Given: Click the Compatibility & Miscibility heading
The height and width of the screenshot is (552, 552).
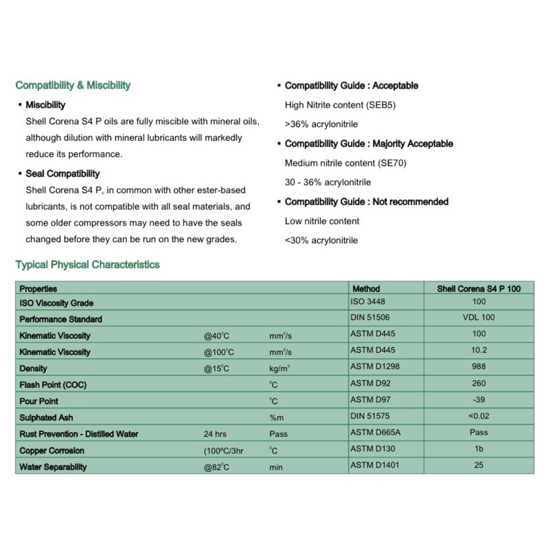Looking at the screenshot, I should coord(72,86).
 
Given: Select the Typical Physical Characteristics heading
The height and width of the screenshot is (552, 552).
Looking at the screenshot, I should coord(87,264).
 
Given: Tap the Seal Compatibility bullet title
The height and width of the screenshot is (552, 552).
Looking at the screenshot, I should coord(63,173).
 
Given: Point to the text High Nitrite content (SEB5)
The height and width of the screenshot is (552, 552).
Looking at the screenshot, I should coord(340,106).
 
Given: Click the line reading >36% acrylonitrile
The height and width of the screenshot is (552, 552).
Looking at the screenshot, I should coord(321,125).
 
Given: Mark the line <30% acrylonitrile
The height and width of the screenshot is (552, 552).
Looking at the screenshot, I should coord(321,241).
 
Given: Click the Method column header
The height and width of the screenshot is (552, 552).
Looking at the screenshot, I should coord(366,288).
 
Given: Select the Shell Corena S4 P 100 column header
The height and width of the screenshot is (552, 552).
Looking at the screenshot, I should coord(479,288).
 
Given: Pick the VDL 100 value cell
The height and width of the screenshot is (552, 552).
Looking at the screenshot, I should coord(479,318).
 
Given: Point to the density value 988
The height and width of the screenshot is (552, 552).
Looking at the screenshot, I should coord(479,367).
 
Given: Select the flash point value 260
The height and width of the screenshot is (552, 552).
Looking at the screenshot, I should coord(479,384).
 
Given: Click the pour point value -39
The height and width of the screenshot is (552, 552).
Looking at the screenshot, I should coord(479,400).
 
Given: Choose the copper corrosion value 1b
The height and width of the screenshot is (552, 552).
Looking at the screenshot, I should coord(479,449).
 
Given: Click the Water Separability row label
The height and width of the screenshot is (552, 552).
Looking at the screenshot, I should coord(53,467).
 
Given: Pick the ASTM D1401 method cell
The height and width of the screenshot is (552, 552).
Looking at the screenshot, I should coord(376,465).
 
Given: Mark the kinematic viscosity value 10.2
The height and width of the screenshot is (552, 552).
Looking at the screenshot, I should coord(479,351).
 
